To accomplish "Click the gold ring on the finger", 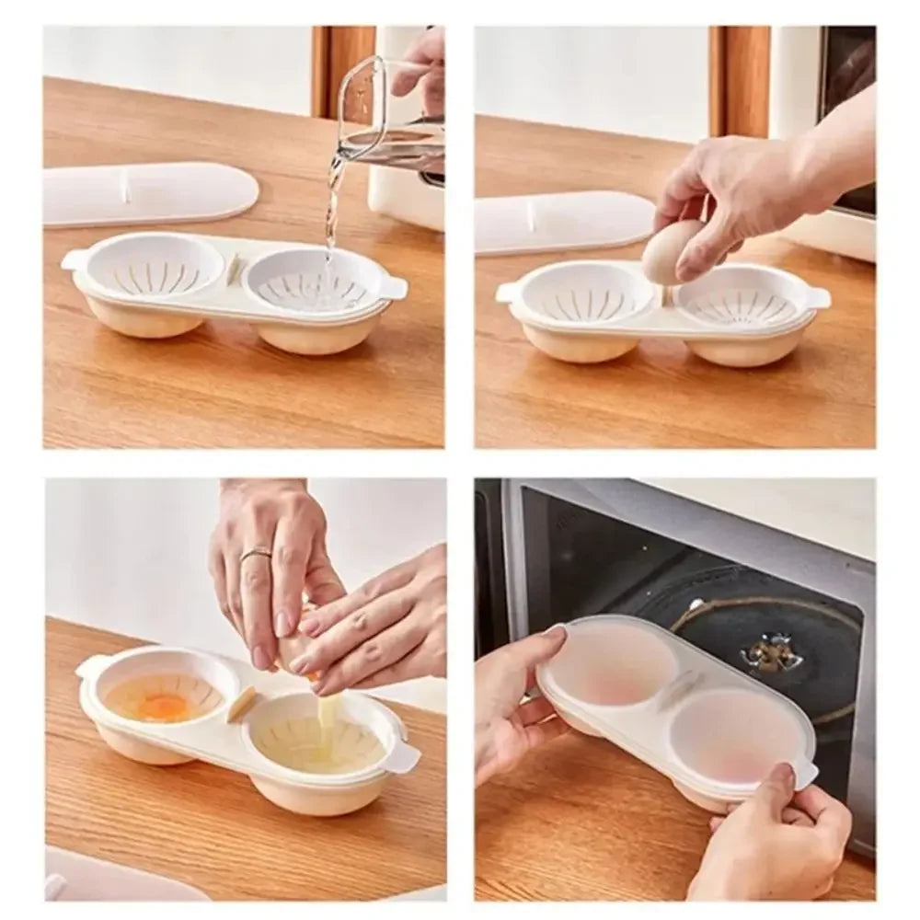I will click(256, 554).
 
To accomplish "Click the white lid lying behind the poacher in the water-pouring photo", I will click(147, 193).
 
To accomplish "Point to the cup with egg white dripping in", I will click(317, 736).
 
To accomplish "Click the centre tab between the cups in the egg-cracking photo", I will click(242, 703).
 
